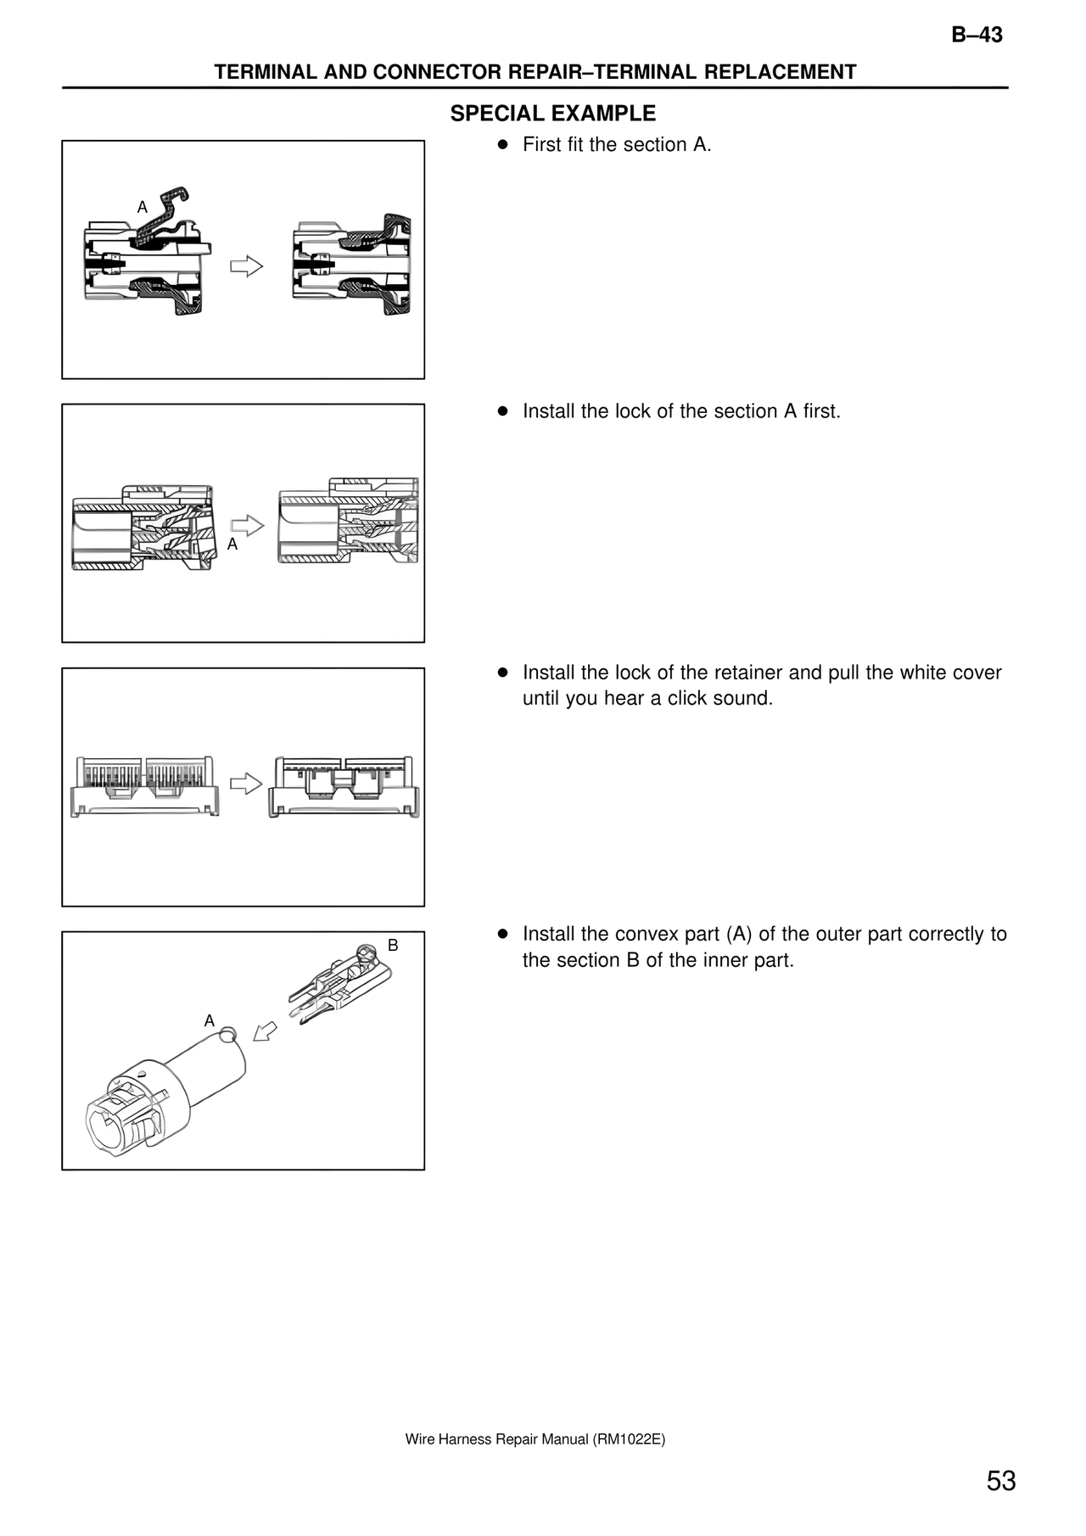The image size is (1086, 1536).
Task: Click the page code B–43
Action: (x=976, y=35)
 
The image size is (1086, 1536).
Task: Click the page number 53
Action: (x=1000, y=1480)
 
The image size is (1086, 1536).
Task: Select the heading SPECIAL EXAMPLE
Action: (x=552, y=114)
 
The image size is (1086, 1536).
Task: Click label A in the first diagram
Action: (x=143, y=207)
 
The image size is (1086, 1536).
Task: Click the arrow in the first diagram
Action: (x=246, y=266)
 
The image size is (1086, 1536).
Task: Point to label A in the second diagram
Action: (x=232, y=545)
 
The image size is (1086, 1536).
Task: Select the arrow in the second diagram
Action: (x=247, y=525)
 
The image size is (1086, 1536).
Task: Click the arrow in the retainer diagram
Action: (x=246, y=783)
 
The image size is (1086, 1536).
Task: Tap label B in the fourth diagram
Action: (x=393, y=945)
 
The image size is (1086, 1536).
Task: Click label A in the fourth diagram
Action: (x=210, y=1021)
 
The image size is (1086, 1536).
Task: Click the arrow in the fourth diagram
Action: (x=265, y=1031)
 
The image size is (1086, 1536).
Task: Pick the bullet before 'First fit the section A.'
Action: (x=502, y=145)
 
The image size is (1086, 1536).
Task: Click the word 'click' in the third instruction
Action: (x=691, y=699)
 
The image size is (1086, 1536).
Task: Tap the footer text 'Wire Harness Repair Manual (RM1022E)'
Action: (x=535, y=1439)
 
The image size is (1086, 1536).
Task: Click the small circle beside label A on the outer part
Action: (x=227, y=1034)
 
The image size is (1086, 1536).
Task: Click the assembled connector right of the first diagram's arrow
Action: (x=352, y=265)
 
